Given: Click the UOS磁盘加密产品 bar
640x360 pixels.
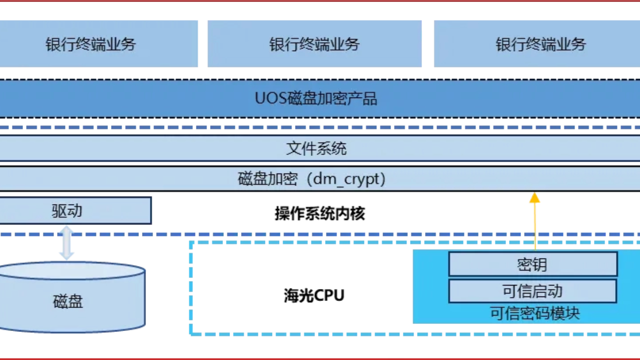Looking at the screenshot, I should [x=320, y=98].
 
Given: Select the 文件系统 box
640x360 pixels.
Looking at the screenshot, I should [x=320, y=148].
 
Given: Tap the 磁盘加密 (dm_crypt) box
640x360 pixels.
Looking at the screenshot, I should [x=320, y=179].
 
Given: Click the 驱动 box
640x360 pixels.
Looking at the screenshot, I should [x=75, y=210].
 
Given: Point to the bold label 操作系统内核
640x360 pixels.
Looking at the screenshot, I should [x=320, y=214].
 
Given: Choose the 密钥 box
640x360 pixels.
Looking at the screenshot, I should [x=532, y=264].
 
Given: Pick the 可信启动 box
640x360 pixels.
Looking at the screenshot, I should [x=532, y=291].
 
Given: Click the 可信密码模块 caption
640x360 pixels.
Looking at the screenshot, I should [x=535, y=313].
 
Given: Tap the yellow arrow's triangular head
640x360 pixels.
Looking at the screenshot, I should [x=534, y=197].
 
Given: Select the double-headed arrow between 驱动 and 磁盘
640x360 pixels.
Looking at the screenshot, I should [x=66, y=243].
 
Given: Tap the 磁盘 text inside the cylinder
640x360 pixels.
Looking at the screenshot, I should [x=68, y=302].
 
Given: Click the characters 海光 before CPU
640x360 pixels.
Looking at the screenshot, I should [x=298, y=295].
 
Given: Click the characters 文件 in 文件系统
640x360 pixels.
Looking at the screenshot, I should [x=301, y=148].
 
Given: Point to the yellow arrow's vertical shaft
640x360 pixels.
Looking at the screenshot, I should [x=534, y=225].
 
